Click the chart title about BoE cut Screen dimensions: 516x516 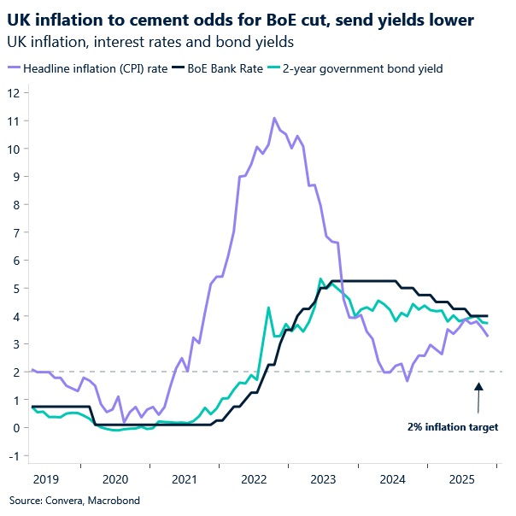tap(242, 19)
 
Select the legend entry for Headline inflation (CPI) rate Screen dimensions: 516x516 tap(94, 69)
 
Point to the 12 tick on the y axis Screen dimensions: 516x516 tap(14, 92)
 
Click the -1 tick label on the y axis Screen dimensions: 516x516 tap(13, 455)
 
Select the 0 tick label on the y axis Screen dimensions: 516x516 tap(15, 427)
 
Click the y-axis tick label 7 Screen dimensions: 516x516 tap(15, 232)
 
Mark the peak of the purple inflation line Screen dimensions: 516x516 tap(274, 119)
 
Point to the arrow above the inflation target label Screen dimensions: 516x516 tap(478, 397)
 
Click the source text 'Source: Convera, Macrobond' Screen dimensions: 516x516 tap(74, 500)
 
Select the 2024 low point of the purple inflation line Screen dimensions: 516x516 tap(408, 380)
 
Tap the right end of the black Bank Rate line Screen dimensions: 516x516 tap(487, 315)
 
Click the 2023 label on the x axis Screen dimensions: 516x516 tap(322, 480)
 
